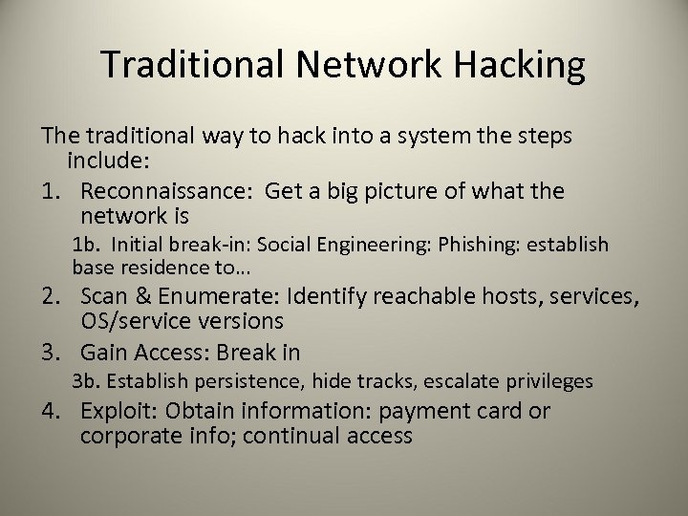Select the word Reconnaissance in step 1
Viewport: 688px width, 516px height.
(163, 191)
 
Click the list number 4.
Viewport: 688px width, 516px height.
(51, 412)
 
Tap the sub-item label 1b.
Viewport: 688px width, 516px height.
(87, 245)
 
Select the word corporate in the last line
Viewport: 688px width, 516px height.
(127, 438)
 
